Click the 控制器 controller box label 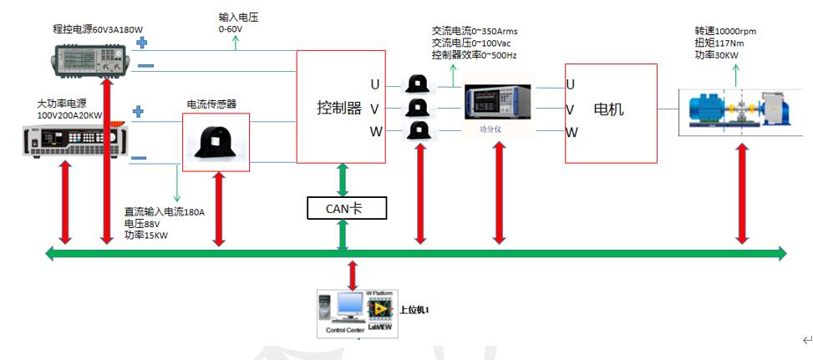coord(339,108)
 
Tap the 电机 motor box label coord(607,109)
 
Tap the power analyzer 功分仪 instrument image coord(497,106)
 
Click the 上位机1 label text coord(414,310)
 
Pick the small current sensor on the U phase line coord(417,84)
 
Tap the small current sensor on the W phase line coord(417,131)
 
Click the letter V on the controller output coord(375,108)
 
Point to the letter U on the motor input coord(570,84)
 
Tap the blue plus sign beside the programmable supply coord(140,41)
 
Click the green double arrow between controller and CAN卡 coord(343,180)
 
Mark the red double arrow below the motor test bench coord(742,195)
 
